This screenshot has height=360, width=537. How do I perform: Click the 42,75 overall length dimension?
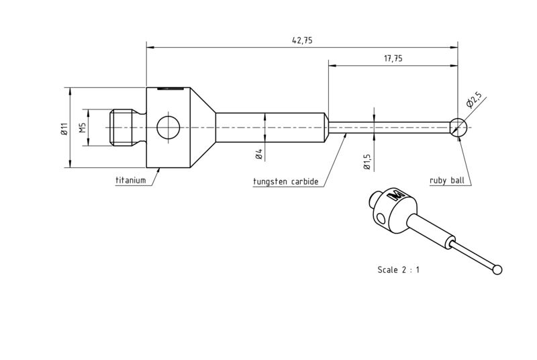(302, 40)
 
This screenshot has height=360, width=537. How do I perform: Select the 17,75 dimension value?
(393, 58)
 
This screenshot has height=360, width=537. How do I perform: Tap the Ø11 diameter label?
(64, 128)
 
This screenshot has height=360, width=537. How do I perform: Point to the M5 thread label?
(82, 128)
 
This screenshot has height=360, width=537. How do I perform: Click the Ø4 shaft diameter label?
(258, 154)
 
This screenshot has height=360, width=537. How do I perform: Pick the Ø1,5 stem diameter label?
(367, 162)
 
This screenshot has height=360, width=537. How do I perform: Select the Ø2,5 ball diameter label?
(474, 99)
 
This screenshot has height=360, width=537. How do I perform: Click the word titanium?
(130, 180)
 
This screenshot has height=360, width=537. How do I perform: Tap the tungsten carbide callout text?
(286, 181)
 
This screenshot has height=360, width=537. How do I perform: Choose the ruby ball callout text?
(447, 181)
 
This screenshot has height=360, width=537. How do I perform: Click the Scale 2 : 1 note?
(398, 270)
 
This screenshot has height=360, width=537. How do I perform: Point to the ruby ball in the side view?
(458, 128)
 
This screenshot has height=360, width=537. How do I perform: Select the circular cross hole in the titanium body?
(168, 128)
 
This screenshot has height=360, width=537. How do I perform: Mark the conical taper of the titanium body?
(203, 128)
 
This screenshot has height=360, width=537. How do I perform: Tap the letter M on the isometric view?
(395, 195)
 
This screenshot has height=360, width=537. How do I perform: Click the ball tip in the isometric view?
(497, 270)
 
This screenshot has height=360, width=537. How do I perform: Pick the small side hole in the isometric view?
(380, 218)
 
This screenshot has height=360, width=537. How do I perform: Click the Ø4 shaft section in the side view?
(271, 128)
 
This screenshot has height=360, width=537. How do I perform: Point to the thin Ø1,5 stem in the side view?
(389, 128)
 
